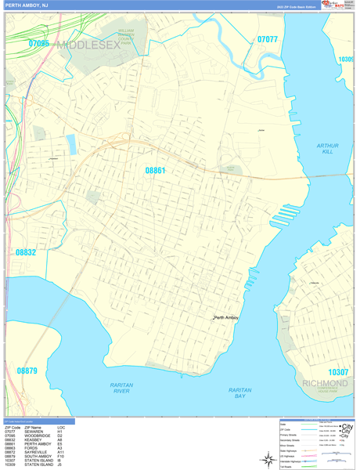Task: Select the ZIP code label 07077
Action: pyautogui.click(x=267, y=39)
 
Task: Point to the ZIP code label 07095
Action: pyautogui.click(x=38, y=44)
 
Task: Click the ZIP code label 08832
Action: pyautogui.click(x=25, y=252)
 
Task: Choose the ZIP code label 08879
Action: pyautogui.click(x=27, y=371)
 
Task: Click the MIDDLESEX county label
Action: pyautogui.click(x=89, y=45)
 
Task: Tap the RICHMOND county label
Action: pyautogui.click(x=325, y=384)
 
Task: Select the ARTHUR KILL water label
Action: pyautogui.click(x=326, y=149)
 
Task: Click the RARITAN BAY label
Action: pyautogui.click(x=240, y=392)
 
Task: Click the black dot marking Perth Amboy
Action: pyautogui.click(x=214, y=317)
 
